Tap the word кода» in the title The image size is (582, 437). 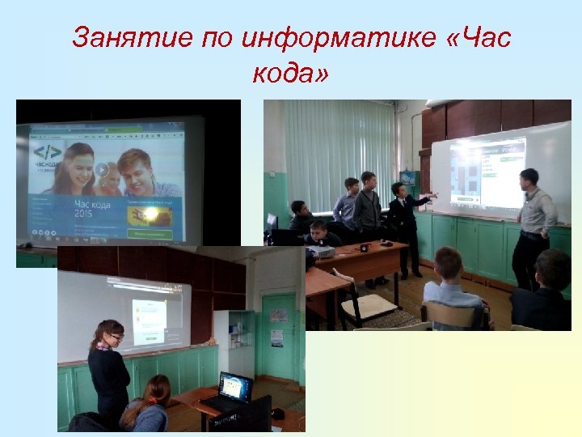coord(290,74)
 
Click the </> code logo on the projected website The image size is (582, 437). coord(47,152)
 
